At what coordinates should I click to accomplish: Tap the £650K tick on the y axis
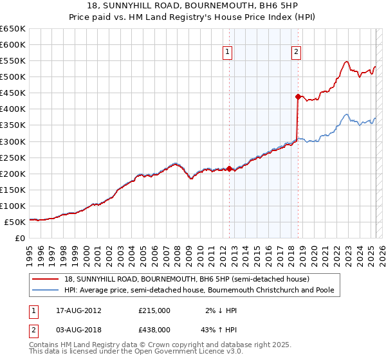[13, 29]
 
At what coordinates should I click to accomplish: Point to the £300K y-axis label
[13, 141]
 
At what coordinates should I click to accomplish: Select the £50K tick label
[15, 222]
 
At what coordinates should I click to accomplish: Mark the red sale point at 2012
[229, 168]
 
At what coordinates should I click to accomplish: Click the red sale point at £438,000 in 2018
[298, 96]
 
